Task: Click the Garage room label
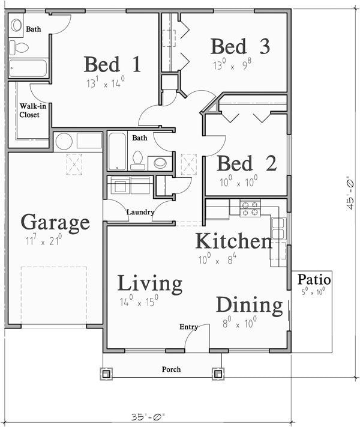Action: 55,223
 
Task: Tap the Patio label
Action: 314,279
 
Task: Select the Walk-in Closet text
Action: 32,111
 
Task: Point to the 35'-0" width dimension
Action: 148,417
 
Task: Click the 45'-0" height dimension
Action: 350,193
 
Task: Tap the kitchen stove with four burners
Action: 250,208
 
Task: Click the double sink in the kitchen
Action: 278,228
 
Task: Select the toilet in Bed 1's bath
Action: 19,48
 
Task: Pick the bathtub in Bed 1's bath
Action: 28,68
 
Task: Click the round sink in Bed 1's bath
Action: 16,25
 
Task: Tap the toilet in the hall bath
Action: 137,161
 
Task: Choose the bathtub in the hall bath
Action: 117,151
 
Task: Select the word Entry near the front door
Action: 188,327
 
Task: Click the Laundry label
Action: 140,212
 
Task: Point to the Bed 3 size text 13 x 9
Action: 232,65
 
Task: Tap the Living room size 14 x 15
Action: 139,301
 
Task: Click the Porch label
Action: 171,369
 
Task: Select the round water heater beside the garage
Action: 64,141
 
